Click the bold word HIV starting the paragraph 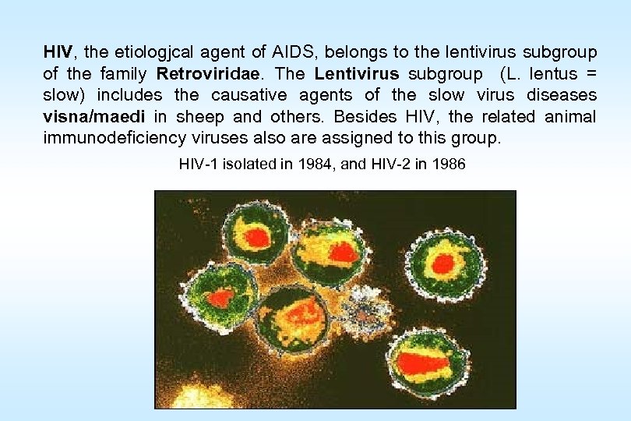tap(58, 53)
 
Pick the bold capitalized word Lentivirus tap(357, 74)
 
